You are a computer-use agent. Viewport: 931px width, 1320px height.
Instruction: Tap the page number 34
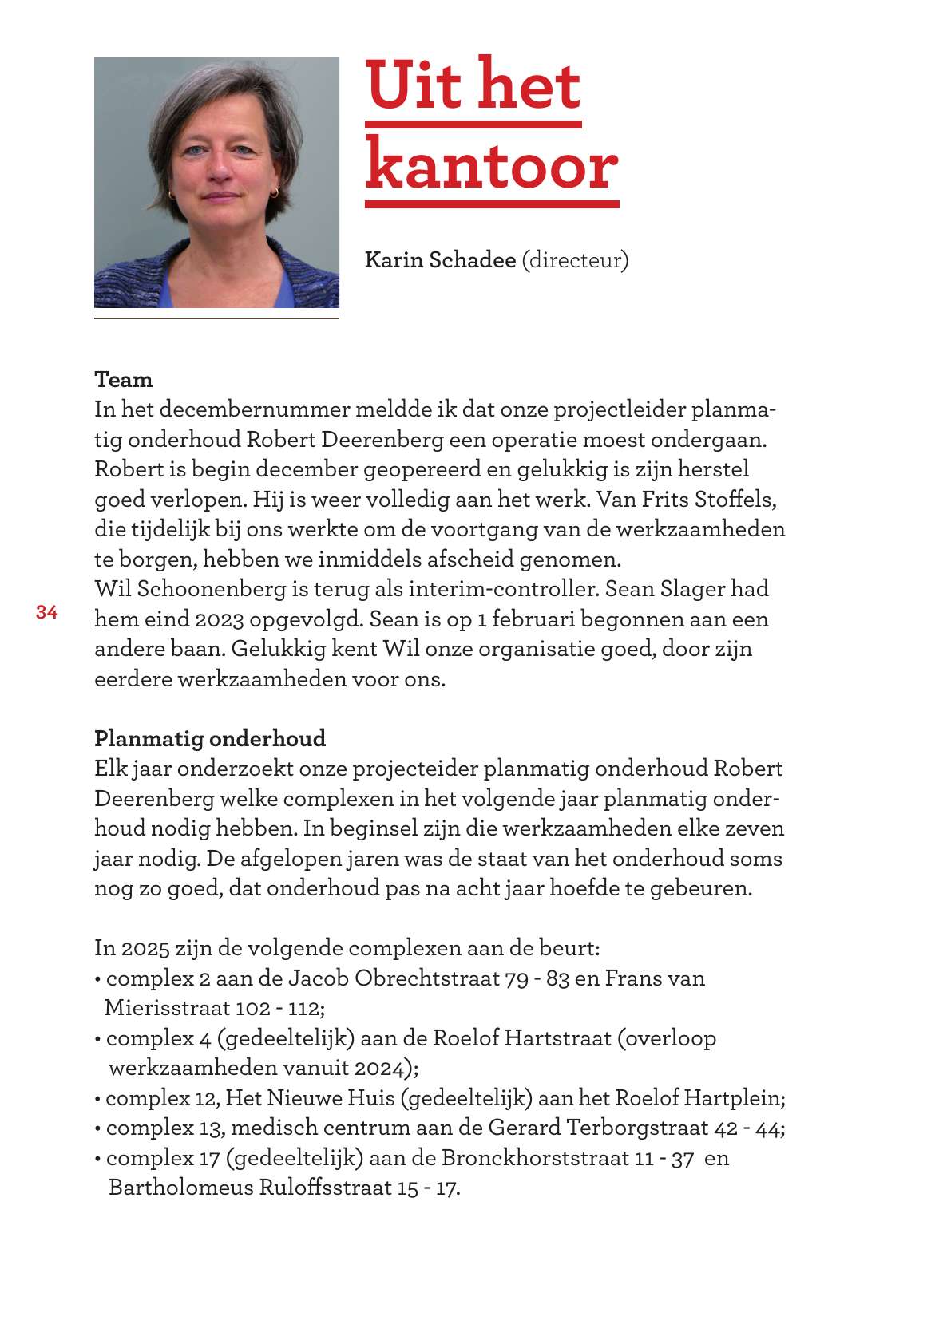click(47, 612)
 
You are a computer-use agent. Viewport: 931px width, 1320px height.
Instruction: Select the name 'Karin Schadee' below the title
click(440, 260)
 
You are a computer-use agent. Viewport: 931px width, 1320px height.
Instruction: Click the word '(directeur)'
click(575, 260)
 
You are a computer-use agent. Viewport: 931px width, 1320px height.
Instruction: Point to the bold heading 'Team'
click(123, 379)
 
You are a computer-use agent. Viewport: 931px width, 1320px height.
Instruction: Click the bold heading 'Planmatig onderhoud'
click(210, 738)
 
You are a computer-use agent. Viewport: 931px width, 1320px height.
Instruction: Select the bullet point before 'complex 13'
click(97, 1128)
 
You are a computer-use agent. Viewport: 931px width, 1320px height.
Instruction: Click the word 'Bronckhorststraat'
click(535, 1158)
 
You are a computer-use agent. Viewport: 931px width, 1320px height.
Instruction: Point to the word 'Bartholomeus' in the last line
click(181, 1188)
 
